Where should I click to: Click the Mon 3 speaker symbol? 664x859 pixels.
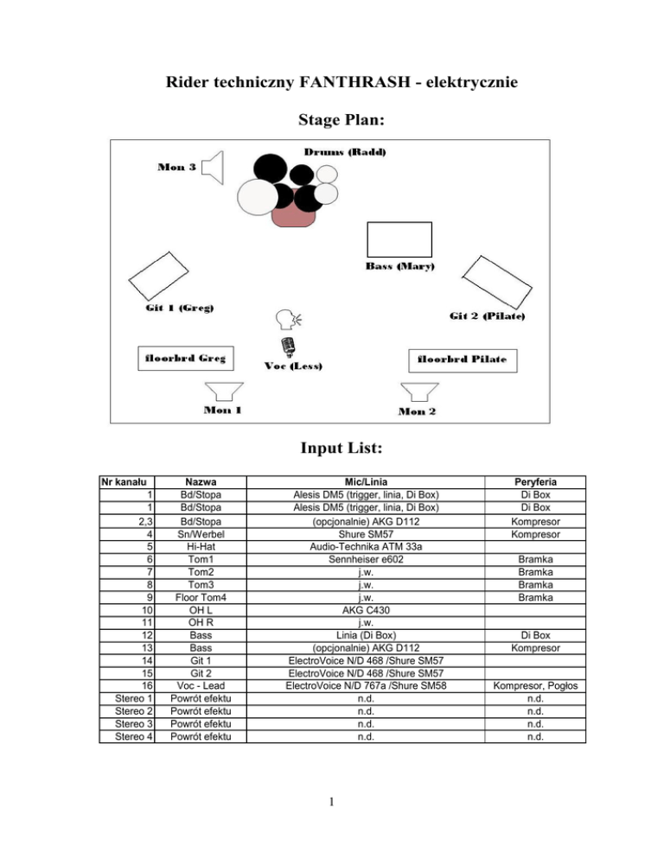(213, 168)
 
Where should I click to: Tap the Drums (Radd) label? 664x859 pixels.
(345, 152)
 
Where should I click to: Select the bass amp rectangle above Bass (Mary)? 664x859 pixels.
(399, 239)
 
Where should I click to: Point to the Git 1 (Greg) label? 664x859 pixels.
(180, 309)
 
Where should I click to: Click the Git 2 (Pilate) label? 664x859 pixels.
(488, 316)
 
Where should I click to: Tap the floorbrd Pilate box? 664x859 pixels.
(462, 359)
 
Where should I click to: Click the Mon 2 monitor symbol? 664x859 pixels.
(419, 392)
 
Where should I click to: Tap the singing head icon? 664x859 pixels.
(286, 320)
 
